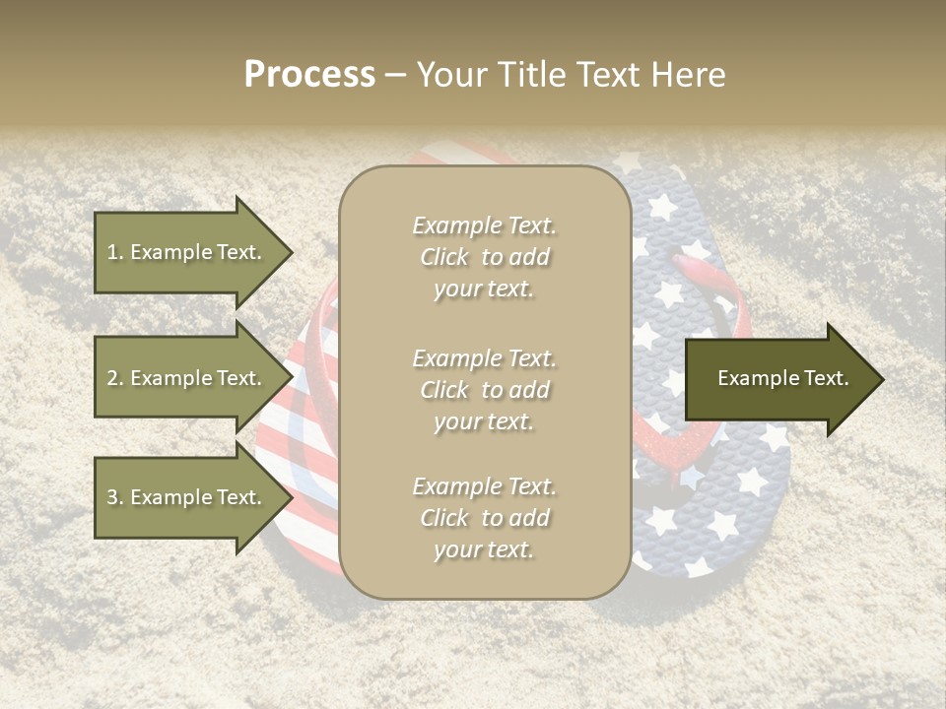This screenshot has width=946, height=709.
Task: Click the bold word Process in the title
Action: click(x=309, y=75)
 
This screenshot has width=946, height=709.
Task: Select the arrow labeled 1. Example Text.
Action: click(x=187, y=252)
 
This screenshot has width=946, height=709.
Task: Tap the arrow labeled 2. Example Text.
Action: click(x=187, y=378)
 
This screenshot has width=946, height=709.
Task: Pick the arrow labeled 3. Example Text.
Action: click(x=187, y=497)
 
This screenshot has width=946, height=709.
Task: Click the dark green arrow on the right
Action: click(x=778, y=378)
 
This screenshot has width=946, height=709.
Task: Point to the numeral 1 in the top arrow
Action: click(x=111, y=252)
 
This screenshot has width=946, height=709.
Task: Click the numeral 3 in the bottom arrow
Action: click(x=111, y=497)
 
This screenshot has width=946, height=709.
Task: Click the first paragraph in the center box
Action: click(x=484, y=257)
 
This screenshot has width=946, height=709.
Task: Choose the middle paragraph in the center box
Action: click(x=484, y=390)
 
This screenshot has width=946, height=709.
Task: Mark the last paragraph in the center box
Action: click(x=484, y=518)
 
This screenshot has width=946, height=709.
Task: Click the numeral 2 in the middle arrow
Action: click(x=111, y=378)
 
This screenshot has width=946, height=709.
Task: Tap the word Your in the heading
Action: click(x=455, y=75)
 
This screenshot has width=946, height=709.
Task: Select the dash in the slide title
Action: click(x=396, y=75)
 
